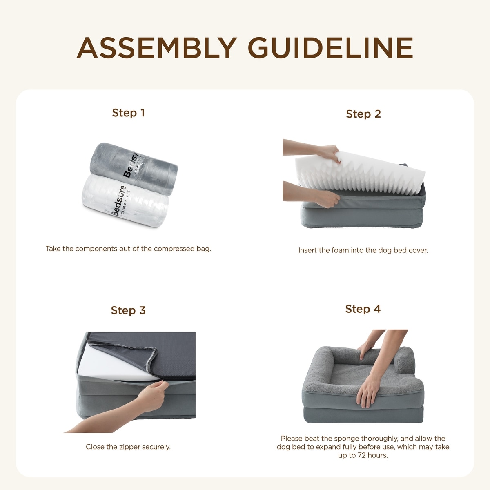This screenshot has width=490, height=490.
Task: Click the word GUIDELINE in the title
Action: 331,48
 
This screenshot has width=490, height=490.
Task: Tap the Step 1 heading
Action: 128,113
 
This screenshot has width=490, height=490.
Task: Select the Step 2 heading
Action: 363,114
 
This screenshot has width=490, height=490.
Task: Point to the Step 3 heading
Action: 128,310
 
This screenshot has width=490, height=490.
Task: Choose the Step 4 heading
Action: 363,309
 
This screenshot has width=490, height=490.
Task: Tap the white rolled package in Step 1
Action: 125,201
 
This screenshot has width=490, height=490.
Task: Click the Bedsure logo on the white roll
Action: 119,201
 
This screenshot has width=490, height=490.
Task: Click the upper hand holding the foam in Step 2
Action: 328,153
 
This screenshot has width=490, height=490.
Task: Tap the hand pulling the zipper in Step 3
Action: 153,395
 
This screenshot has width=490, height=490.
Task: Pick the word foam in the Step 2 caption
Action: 340,250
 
